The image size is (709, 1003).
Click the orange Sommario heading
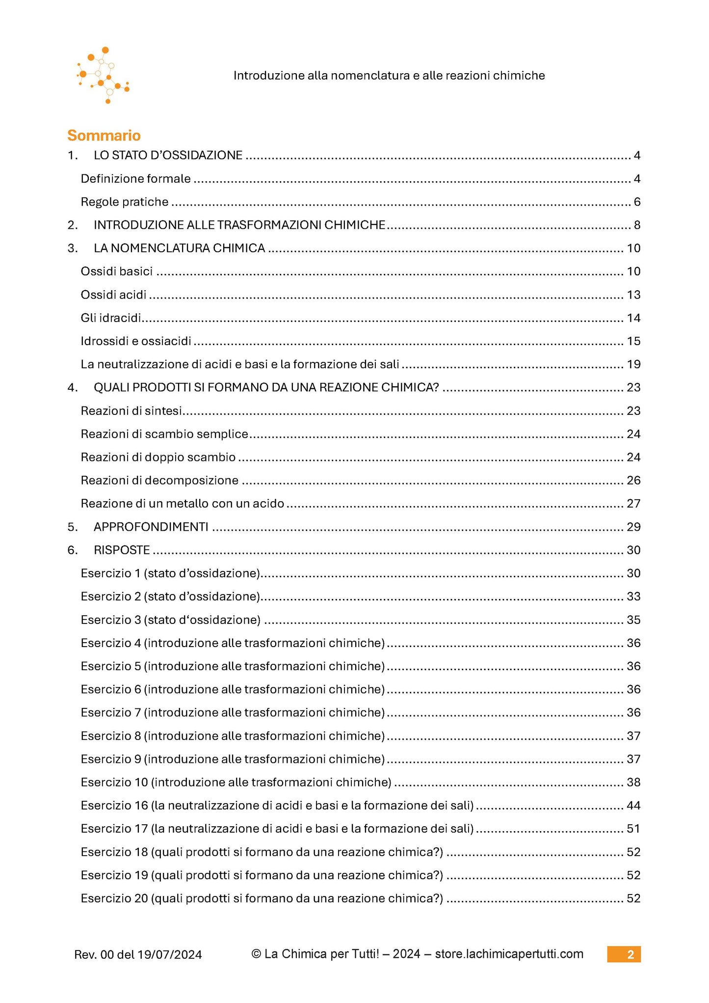[104, 136]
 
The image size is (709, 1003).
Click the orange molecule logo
[103, 75]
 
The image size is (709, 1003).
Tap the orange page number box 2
[624, 954]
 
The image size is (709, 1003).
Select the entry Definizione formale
[135, 179]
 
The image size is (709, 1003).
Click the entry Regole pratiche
[124, 202]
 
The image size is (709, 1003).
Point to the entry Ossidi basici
[116, 271]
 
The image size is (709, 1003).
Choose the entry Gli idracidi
[111, 318]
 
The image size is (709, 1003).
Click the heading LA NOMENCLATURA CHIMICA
[179, 248]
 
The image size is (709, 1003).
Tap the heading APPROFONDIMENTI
[151, 527]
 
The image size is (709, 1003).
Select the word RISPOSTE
[122, 550]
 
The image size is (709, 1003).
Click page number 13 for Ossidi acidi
[633, 295]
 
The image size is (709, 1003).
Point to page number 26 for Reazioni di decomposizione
[633, 480]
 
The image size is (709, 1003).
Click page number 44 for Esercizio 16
[633, 805]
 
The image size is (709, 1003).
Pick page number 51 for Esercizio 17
[633, 829]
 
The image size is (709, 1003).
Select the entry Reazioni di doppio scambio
[158, 457]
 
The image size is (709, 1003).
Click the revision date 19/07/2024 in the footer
[169, 955]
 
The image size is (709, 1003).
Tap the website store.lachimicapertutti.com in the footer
[509, 954]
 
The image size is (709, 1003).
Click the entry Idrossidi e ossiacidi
[135, 341]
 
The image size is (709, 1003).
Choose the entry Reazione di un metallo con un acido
[182, 504]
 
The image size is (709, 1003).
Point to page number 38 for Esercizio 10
[633, 782]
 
